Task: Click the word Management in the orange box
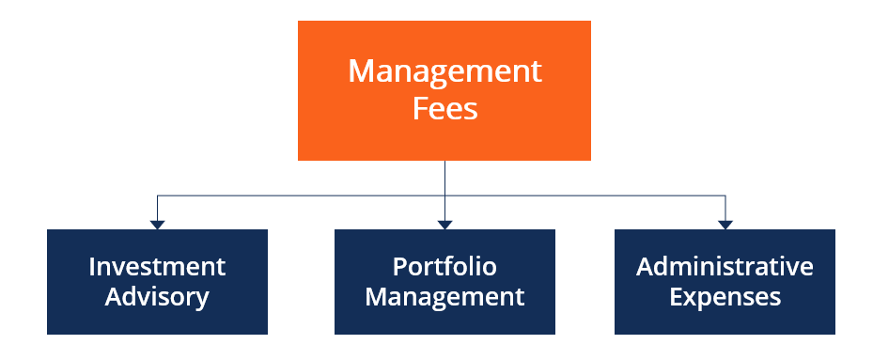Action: click(x=444, y=72)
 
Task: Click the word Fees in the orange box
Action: click(x=444, y=108)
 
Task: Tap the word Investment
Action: click(x=157, y=267)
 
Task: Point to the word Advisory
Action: click(x=157, y=298)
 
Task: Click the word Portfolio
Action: click(x=444, y=267)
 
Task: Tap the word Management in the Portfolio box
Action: click(x=444, y=298)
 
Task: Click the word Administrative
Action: click(x=725, y=267)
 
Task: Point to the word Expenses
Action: click(x=725, y=298)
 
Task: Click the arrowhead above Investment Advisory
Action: click(x=157, y=224)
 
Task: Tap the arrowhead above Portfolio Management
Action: click(x=444, y=224)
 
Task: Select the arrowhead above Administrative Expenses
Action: click(x=725, y=224)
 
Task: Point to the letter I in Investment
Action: click(x=92, y=267)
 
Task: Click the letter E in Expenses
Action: click(x=675, y=298)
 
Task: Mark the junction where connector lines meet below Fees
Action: click(x=444, y=196)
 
